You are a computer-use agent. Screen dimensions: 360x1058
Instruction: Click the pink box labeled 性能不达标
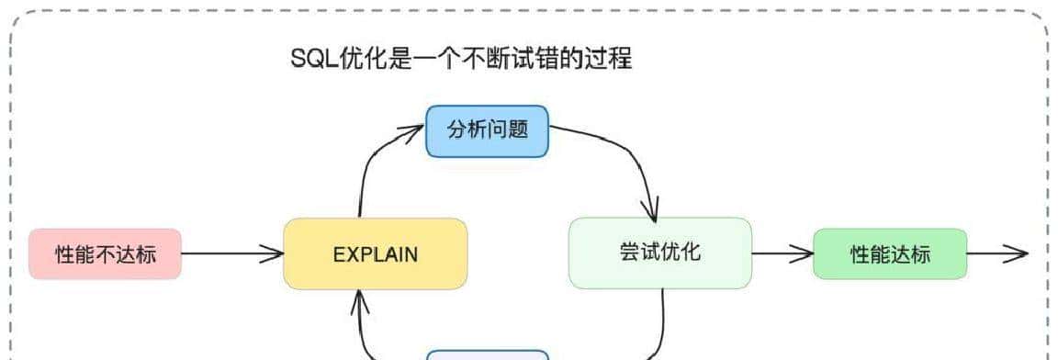tap(105, 253)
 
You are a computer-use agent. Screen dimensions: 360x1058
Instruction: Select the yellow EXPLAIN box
tap(375, 253)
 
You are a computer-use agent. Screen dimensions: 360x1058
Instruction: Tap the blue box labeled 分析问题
tap(487, 130)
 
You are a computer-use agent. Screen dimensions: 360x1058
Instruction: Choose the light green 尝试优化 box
tap(659, 252)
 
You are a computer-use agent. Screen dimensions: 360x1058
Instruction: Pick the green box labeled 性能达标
tap(890, 253)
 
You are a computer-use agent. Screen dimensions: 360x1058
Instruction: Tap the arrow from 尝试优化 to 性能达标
tap(782, 253)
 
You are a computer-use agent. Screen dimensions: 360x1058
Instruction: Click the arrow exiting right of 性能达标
tap(997, 253)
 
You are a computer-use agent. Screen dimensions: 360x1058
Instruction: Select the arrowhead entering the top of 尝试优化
tap(651, 213)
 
